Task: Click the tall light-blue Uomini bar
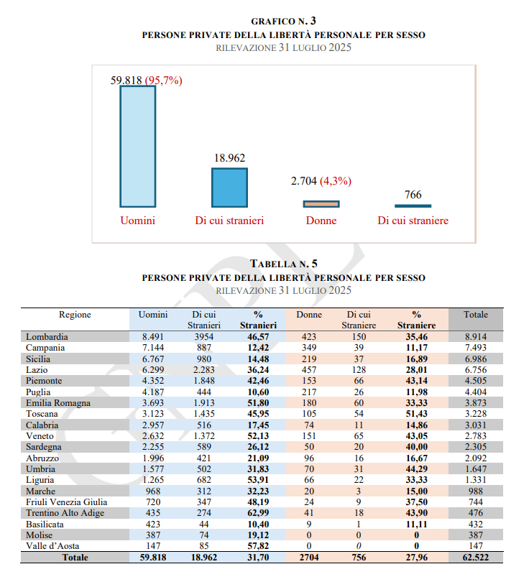click(137, 147)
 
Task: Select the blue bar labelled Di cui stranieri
click(229, 188)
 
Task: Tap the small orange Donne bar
click(321, 204)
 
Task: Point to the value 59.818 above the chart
click(126, 80)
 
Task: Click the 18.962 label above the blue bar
click(229, 158)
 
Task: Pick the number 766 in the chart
click(413, 195)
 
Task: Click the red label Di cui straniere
click(413, 221)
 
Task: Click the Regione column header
click(75, 315)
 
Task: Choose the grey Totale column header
click(475, 315)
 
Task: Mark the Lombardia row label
click(47, 336)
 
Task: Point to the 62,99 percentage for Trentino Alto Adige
click(257, 512)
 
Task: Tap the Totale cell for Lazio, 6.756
click(475, 369)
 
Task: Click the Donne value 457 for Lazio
click(309, 369)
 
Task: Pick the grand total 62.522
click(475, 557)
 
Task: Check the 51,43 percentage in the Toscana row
click(416, 413)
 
